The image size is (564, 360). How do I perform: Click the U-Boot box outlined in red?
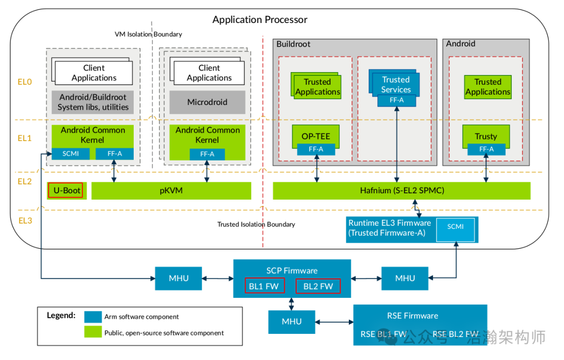click(x=65, y=191)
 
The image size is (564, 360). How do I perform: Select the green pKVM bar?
click(x=171, y=191)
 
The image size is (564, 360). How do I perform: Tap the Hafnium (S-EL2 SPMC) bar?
click(x=402, y=191)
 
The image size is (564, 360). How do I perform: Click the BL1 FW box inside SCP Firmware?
click(x=265, y=286)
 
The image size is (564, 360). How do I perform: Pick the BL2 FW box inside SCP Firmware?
click(x=318, y=286)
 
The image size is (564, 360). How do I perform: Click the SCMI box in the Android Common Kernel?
click(x=70, y=154)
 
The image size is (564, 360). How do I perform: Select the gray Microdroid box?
click(x=207, y=102)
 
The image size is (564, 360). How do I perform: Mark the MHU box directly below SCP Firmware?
click(x=291, y=321)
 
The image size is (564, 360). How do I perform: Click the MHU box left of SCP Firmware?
click(x=179, y=278)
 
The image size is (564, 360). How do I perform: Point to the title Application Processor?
click(x=260, y=20)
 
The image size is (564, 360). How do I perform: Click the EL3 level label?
click(x=25, y=220)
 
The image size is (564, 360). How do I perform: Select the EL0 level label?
click(x=25, y=82)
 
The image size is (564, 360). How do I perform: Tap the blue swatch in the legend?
click(x=93, y=317)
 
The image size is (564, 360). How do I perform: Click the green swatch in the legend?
click(x=93, y=332)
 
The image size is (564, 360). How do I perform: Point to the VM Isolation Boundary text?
click(x=148, y=34)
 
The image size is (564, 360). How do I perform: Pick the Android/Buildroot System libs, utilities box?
click(x=93, y=102)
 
